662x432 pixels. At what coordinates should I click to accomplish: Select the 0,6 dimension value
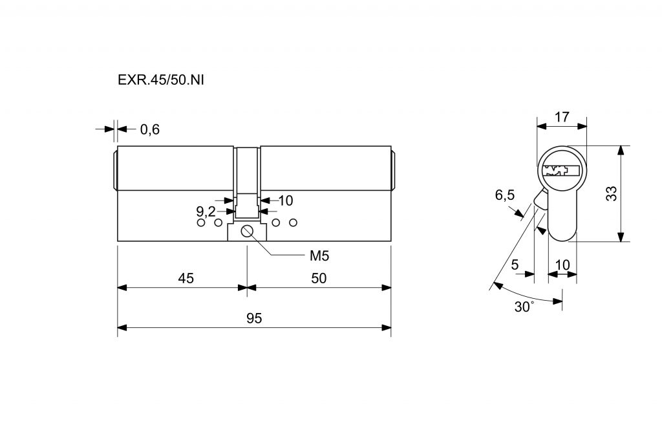point(149,129)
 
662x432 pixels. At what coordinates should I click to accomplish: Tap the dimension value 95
point(254,319)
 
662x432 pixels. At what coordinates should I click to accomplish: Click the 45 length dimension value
point(186,278)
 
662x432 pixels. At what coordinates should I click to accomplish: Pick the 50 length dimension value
point(319,278)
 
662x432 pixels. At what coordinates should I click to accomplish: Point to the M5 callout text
point(319,255)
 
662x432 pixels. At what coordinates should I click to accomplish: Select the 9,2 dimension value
point(206,211)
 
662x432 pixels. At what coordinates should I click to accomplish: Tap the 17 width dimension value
point(562,117)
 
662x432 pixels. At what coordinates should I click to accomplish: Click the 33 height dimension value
point(612,193)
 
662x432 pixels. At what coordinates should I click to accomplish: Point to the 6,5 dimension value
point(504,195)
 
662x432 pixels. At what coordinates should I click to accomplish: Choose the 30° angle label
point(524,307)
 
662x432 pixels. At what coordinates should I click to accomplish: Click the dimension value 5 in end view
point(515,264)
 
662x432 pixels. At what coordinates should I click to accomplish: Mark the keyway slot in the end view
point(561,171)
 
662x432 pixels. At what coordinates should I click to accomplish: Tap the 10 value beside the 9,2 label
point(286,200)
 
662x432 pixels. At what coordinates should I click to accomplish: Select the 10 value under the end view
point(562,264)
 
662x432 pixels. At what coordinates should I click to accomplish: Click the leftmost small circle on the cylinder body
point(200,223)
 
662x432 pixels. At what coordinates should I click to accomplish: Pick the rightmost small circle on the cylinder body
point(293,223)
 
